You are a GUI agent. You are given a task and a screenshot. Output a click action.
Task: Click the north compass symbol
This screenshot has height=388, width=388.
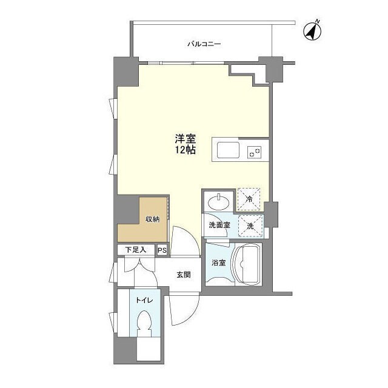[x=312, y=31]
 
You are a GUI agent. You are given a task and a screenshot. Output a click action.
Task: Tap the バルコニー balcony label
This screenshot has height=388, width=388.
[x=204, y=44]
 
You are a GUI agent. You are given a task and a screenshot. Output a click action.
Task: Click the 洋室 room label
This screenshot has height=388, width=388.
[x=186, y=139]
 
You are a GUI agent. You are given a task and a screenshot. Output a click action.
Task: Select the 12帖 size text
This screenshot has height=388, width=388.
[x=186, y=150]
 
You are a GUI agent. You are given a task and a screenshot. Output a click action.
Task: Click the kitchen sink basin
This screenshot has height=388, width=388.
[x=228, y=150]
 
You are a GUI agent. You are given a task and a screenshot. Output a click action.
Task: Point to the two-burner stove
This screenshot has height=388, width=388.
[x=255, y=152]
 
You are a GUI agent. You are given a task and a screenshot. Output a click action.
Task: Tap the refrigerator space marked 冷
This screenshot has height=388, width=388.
[x=249, y=199]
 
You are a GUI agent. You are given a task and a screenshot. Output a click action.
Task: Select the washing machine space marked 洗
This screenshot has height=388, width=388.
[x=250, y=226]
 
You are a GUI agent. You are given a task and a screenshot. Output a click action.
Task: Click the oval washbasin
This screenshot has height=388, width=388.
[x=218, y=202]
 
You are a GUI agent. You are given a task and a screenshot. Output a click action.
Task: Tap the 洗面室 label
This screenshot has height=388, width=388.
[x=219, y=225]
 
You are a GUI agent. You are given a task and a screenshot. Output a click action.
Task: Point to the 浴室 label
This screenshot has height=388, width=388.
[x=219, y=263]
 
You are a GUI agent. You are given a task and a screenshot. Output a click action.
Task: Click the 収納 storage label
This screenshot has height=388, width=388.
[x=152, y=219]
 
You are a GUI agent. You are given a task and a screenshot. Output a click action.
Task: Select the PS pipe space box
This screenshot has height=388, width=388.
[x=162, y=250]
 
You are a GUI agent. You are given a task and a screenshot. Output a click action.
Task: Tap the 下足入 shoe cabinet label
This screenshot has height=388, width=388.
[x=136, y=250]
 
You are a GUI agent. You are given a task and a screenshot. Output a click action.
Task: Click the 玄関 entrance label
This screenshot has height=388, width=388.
[x=183, y=275]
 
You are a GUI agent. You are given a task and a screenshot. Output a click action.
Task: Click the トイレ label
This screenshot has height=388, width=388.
[x=144, y=301]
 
